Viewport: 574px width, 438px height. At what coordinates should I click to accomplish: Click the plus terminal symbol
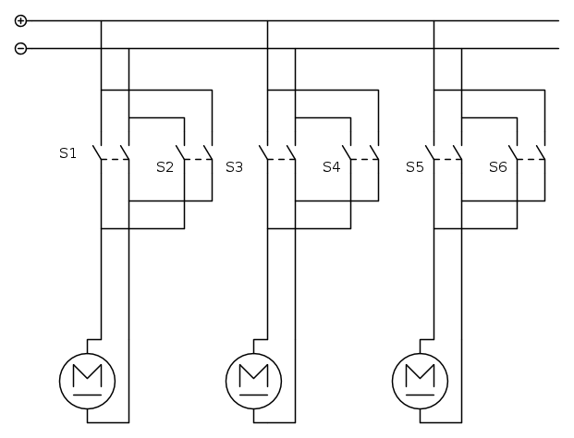pos(21,20)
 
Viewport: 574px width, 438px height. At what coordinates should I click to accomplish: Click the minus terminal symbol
pos(21,48)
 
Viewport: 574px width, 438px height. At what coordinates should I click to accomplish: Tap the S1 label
pos(67,152)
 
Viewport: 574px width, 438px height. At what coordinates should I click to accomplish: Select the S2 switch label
pos(165,167)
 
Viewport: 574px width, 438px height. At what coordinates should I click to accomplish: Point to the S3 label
pos(234,167)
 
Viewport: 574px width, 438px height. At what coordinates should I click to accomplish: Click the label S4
pos(331,167)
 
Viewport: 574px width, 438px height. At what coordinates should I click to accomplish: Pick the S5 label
pos(415,167)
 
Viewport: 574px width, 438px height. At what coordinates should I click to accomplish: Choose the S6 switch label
pos(497,167)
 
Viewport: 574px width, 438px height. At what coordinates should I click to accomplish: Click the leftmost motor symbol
pos(87,378)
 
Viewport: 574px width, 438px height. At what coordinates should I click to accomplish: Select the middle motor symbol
pos(253,378)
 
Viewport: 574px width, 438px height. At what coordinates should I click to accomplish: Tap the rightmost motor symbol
pos(420,378)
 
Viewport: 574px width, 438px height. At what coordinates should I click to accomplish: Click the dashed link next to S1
pos(114,159)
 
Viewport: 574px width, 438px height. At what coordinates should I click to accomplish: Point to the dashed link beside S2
pos(198,159)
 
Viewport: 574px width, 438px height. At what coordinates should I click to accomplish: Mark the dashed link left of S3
pos(198,159)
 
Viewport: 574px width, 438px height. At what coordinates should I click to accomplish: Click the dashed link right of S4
pos(364,159)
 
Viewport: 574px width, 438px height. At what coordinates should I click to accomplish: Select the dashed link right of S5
pos(447,159)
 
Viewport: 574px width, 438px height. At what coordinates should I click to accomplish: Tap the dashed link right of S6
pos(531,159)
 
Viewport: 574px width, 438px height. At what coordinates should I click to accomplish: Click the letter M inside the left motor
pos(87,375)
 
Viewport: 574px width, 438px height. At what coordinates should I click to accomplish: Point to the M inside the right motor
pos(420,375)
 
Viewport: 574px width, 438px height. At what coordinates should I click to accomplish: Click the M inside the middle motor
pos(253,375)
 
